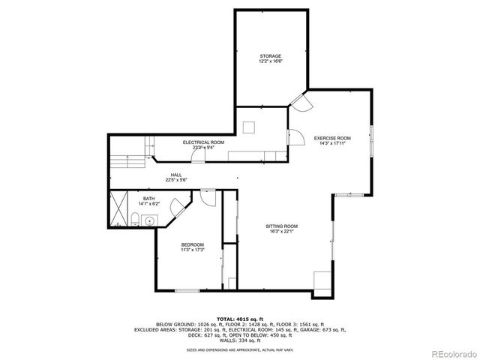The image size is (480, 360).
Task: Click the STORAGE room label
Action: tap(271, 55)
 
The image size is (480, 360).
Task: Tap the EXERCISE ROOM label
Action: tap(332, 138)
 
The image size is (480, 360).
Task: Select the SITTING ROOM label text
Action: tap(282, 226)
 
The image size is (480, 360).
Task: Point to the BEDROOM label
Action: tap(191, 245)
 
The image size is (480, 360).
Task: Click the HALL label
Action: tap(176, 175)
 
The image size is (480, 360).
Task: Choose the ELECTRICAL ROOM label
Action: tap(203, 142)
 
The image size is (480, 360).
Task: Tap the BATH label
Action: tap(149, 198)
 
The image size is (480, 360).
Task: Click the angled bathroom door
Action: tap(178, 208)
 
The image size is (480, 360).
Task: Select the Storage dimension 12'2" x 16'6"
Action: tap(271, 61)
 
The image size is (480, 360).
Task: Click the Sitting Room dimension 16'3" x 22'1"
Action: tap(282, 232)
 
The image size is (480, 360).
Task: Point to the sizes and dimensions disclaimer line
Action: tap(240, 349)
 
